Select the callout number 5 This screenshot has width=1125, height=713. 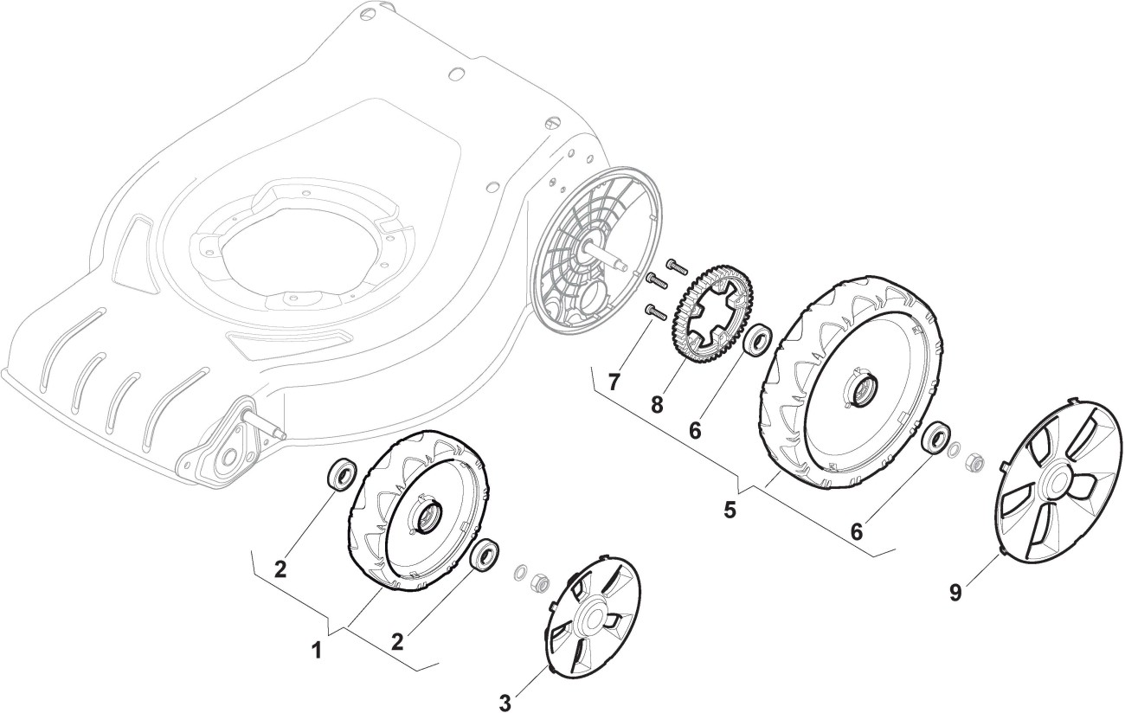pos(730,511)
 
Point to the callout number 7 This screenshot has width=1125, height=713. pos(614,382)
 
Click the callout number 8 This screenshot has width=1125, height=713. pos(658,404)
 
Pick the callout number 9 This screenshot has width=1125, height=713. pos(955,593)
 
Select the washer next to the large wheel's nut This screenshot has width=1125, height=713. pos(954,451)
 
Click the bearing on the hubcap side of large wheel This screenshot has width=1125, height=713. pos(934,439)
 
